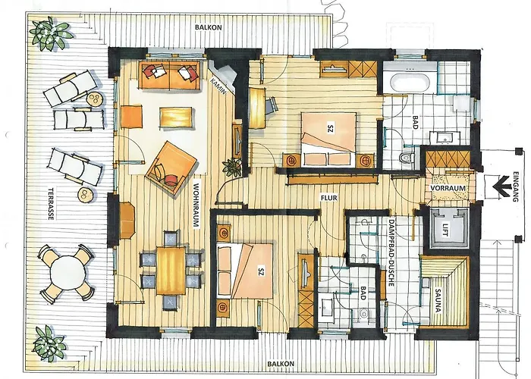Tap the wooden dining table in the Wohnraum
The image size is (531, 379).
pyautogui.click(x=171, y=271)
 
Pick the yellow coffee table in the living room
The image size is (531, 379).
pyautogui.click(x=175, y=118)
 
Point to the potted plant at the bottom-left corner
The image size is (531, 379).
pyautogui.click(x=49, y=342)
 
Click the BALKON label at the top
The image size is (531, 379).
pyautogui.click(x=209, y=27)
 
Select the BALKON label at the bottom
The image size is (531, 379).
pyautogui.click(x=281, y=363)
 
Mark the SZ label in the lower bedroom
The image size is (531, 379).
pyautogui.click(x=261, y=271)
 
